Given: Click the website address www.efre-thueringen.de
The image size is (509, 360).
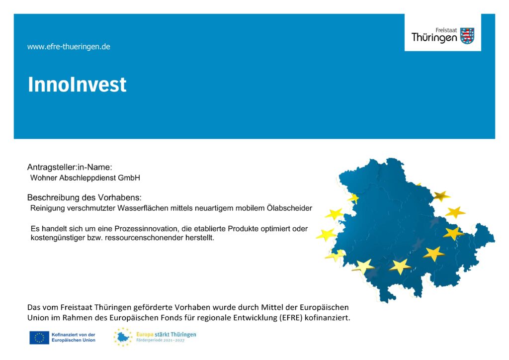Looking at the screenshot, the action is [69, 47].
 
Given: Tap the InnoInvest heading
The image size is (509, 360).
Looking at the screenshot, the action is [77, 85].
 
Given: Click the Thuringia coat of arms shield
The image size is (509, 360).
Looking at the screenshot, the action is [467, 36].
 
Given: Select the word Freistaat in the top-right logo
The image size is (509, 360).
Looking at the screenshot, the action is [446, 30].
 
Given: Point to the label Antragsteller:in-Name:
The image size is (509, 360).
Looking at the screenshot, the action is [70, 167].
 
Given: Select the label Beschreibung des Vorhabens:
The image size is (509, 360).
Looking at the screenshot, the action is [85, 197].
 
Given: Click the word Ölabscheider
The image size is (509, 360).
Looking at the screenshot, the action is [290, 208].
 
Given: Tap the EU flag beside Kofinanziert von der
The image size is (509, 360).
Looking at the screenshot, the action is [39, 338].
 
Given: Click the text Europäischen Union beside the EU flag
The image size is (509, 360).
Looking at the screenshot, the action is [74, 340].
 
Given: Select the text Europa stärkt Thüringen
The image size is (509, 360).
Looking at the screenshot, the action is [166, 334].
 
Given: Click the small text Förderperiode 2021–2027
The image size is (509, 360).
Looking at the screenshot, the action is [161, 340].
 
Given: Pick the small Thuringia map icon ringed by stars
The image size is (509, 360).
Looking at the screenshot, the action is [123, 337].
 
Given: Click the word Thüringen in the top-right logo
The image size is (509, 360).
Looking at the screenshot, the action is [434, 38].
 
